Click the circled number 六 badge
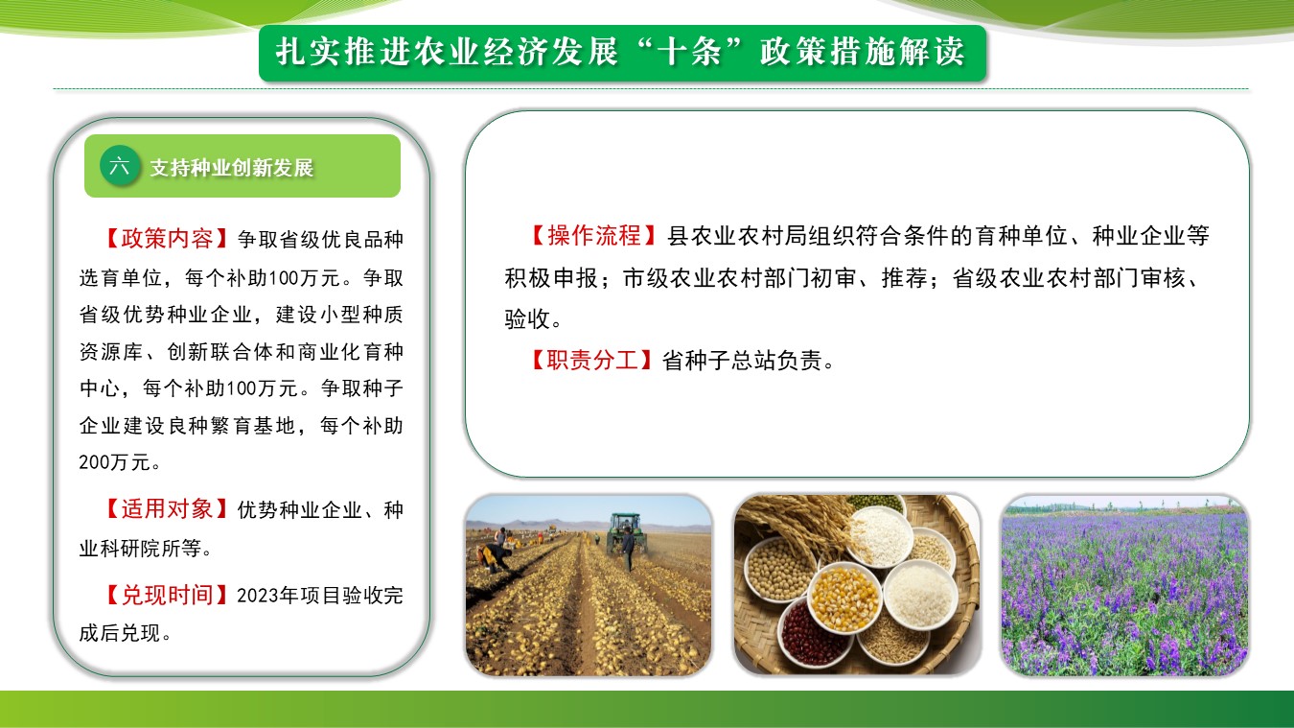(x=120, y=166)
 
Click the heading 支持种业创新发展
(x=231, y=168)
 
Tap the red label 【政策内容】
(x=167, y=238)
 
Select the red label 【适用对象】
(x=167, y=509)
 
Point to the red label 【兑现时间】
(x=167, y=595)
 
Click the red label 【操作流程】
(x=593, y=235)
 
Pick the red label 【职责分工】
(x=591, y=360)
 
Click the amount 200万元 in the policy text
(x=114, y=462)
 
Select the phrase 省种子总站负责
(x=742, y=361)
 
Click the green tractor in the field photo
(x=624, y=531)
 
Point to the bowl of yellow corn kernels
(x=844, y=598)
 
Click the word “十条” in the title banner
(x=689, y=52)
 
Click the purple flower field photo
(x=1124, y=584)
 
